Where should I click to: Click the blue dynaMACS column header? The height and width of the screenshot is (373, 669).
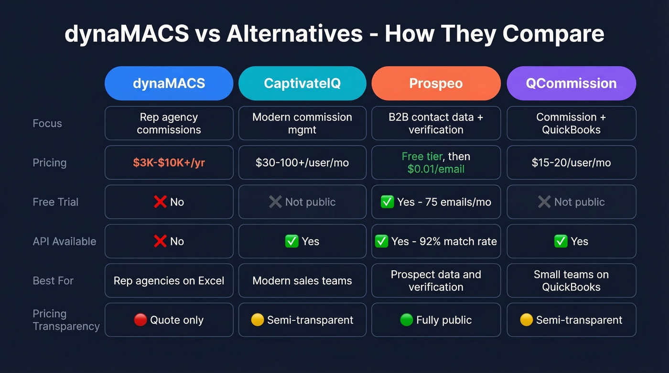coord(169,83)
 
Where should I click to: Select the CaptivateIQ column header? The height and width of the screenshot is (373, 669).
coord(302,83)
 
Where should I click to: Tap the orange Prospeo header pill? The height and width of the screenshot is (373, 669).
coord(436,83)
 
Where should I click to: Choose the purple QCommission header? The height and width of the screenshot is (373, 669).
coord(571,83)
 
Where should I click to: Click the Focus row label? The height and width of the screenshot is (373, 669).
coord(47,123)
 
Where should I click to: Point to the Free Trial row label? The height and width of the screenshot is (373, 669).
coord(55,202)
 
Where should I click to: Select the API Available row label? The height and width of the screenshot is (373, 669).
coord(65,241)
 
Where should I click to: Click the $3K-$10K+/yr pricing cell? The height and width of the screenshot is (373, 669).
coord(169,162)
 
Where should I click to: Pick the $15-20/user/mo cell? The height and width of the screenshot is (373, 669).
coord(571,162)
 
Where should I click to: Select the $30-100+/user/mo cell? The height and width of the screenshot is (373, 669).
coord(302,162)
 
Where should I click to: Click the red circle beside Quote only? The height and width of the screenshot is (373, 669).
coord(140,320)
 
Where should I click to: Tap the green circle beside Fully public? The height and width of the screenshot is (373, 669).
coord(407,320)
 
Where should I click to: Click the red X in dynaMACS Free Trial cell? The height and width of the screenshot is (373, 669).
coord(160,202)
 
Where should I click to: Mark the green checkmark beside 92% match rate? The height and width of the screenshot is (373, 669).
coord(381,242)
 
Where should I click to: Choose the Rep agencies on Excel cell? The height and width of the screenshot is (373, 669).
coord(169,281)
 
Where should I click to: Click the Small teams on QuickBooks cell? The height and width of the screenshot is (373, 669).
coord(571,281)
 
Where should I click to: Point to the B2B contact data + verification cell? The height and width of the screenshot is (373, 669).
coord(436,123)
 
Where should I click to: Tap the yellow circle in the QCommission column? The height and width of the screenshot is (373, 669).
coord(526,320)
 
